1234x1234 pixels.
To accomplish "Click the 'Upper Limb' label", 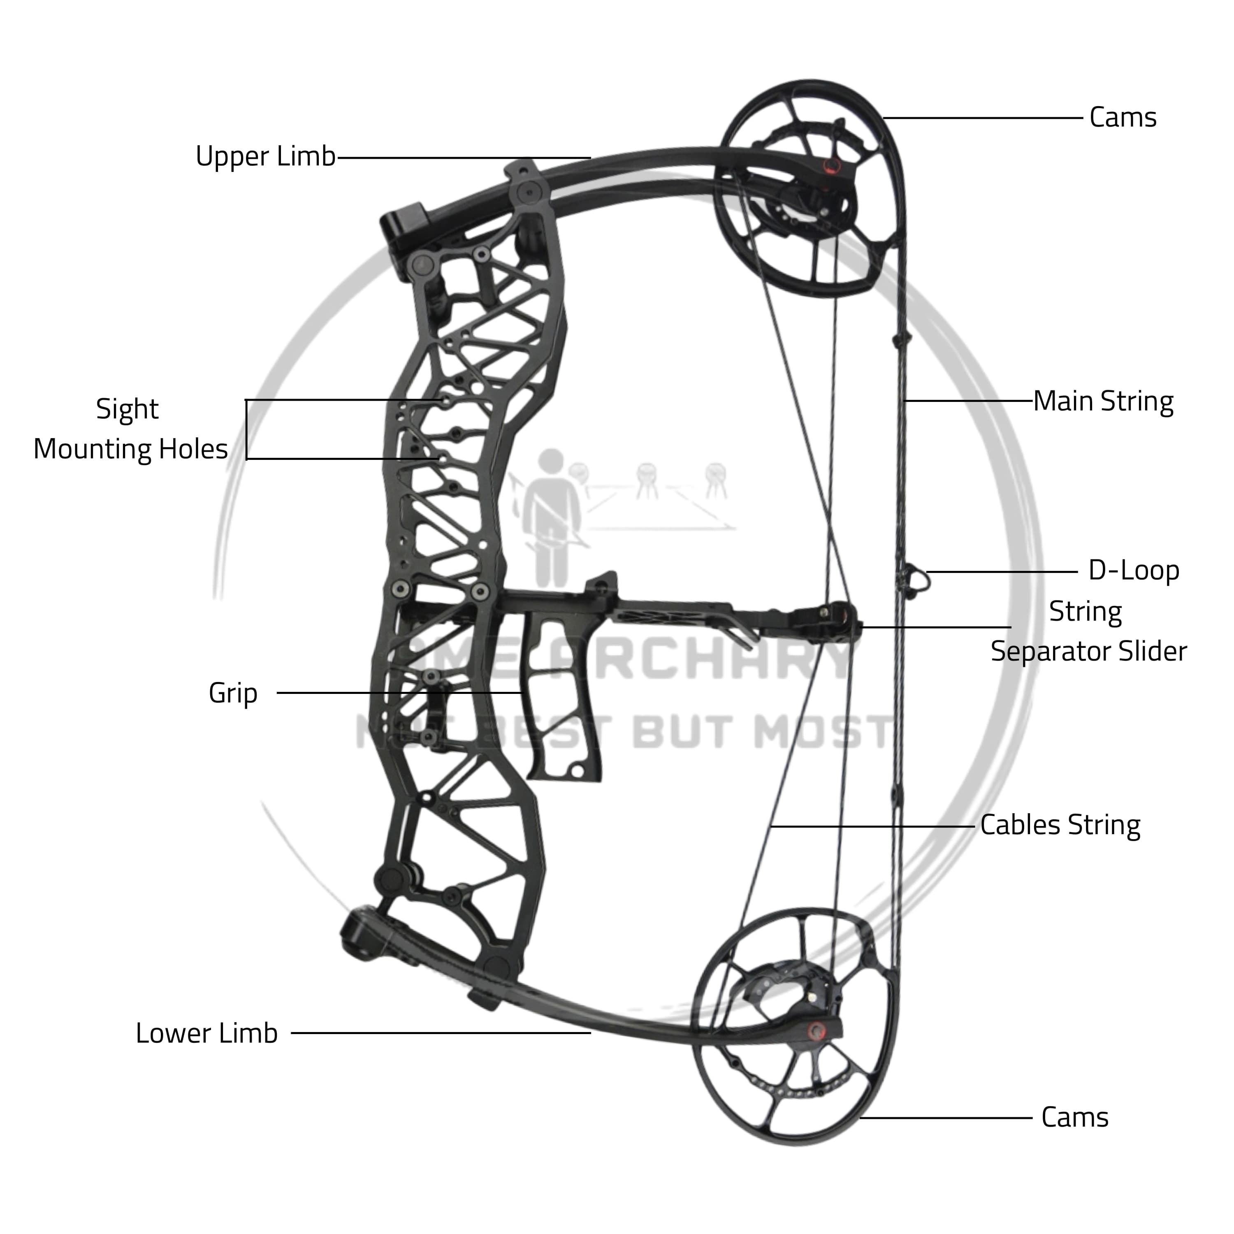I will click(265, 156).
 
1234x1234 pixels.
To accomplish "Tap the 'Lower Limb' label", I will click(206, 1033).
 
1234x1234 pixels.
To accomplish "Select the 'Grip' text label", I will click(233, 693).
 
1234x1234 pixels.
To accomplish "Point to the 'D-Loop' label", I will click(1134, 571).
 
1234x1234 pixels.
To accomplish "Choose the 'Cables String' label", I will click(1060, 825).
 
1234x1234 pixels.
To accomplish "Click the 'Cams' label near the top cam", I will click(1123, 118).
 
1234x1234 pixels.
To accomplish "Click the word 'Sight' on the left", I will click(127, 409).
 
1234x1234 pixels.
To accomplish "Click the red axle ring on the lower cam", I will click(816, 1030).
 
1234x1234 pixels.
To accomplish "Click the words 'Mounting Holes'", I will click(130, 449).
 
